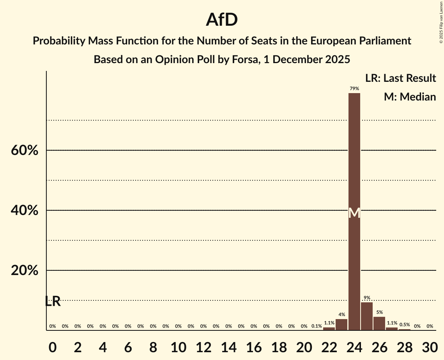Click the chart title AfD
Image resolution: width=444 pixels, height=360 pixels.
pos(222,20)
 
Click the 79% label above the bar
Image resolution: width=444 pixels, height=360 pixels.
pos(354,89)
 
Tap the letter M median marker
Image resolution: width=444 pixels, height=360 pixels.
pos(354,213)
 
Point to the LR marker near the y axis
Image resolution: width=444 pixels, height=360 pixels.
pos(53,301)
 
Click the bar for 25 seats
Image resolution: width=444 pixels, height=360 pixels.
pos(367,316)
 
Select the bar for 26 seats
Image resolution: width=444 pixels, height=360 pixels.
pos(379,323)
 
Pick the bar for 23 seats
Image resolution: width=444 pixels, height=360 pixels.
pos(341,325)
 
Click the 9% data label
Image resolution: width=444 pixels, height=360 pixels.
pos(367,298)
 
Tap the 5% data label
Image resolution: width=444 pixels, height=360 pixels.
pos(379,312)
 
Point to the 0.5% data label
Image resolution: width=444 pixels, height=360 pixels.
pos(405,325)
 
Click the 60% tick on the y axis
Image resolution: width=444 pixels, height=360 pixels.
pos(25,150)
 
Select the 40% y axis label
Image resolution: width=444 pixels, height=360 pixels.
pos(25,210)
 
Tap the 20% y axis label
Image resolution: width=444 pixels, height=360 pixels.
pos(25,270)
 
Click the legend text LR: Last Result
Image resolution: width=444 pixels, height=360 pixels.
pos(400,78)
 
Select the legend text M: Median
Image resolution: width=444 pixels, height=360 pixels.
pos(410,97)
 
